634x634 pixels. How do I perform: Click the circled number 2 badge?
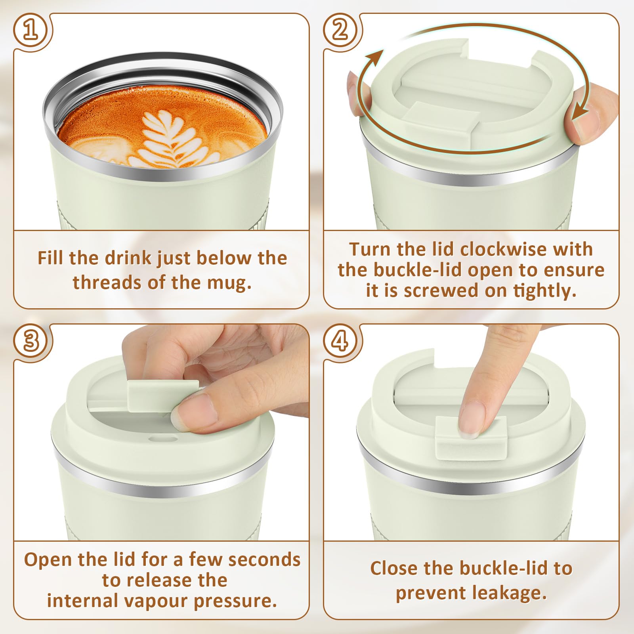pyautogui.click(x=340, y=31)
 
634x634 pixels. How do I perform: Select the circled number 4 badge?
pyautogui.click(x=340, y=341)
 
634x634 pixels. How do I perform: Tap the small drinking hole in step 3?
pyautogui.click(x=162, y=439)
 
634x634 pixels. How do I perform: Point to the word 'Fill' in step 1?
pyautogui.click(x=51, y=258)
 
